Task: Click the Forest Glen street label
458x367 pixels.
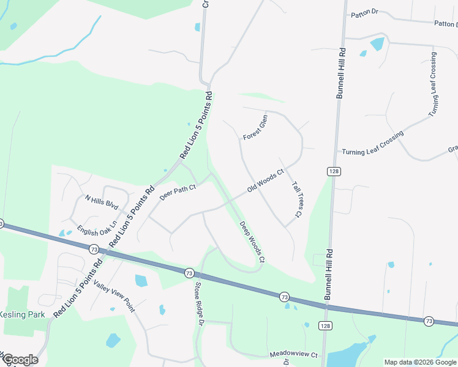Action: point(255,127)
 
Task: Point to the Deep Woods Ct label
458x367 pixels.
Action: point(252,242)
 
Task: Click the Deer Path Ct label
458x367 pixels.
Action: point(178,193)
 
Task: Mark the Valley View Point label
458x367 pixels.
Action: point(113,296)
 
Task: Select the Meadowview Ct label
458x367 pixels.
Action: point(294,355)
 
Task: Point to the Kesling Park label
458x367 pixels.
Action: point(23,314)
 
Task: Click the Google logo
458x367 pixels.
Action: point(20,360)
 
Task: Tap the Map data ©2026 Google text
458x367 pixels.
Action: point(420,362)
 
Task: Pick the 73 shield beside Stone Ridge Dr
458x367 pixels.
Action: point(189,272)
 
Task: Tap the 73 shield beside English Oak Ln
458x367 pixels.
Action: point(94,250)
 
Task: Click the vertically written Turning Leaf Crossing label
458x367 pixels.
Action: point(433,85)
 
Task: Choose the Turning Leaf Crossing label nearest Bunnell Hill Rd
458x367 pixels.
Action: point(373,143)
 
